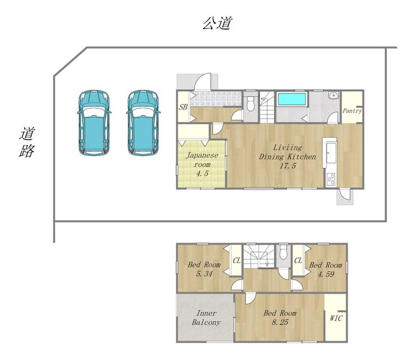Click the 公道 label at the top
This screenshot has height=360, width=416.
tap(218, 23)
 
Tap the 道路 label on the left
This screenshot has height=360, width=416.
tap(27, 142)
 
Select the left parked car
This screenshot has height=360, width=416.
tap(94, 122)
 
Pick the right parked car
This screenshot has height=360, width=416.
tap(143, 122)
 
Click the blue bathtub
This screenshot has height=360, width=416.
tap(291, 99)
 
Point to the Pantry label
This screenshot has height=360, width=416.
tap(352, 111)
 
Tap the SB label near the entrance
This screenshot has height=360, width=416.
tap(183, 107)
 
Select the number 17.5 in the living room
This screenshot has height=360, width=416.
tap(288, 166)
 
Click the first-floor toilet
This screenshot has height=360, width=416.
tap(251, 104)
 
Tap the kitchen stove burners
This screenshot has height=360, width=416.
tap(331, 179)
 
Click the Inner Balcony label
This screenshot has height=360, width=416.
tap(206, 317)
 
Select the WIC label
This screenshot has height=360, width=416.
tap(336, 318)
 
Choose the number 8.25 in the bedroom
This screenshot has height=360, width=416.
tap(280, 322)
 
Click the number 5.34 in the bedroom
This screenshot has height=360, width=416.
tap(204, 274)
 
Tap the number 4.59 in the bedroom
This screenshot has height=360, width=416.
tap(326, 274)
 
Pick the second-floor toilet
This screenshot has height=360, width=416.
tap(284, 252)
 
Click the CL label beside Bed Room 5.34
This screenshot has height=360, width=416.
tap(237, 261)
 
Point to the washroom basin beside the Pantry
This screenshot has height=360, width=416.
tap(333, 95)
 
